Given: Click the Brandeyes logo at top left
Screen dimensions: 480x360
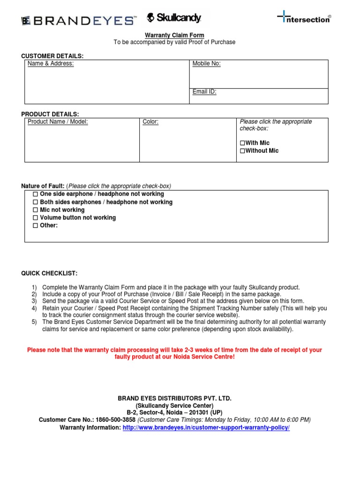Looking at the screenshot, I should pos(79,20).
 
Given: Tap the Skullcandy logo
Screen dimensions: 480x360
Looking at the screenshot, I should pos(174,18).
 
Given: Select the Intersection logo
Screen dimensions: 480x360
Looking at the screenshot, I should pos(304,19).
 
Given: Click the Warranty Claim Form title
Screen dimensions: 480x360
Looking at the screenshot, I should pos(174,35).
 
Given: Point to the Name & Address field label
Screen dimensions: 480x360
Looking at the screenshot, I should pos(51,64).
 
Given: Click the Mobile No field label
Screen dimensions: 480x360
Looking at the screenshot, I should pos(206,64).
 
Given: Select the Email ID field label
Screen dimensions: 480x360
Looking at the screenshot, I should pos(204,92).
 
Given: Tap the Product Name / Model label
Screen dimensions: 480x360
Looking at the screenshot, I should pos(58,122).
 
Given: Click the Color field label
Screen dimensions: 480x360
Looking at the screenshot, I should pos(150,122).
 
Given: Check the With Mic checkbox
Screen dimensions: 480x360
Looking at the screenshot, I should pos(242,143).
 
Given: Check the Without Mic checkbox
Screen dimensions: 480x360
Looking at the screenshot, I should pos(242,151).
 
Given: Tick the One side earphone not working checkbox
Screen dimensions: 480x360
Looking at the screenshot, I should pos(35,194).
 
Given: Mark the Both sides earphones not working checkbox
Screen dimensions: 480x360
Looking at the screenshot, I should pos(35,202).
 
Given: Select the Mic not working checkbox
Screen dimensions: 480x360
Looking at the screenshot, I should pos(35,210).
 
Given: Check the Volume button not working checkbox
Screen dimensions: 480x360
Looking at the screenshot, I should pos(35,218).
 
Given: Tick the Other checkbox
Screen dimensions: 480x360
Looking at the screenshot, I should pos(35,226).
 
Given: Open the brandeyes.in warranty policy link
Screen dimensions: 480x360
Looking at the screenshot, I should pos(206,428).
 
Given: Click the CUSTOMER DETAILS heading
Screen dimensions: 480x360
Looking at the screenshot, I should pos(52,56).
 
